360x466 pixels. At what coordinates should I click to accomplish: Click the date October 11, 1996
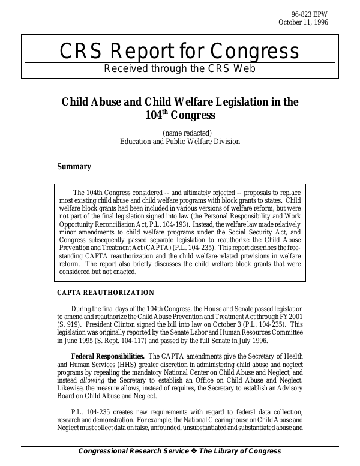coord(303,23)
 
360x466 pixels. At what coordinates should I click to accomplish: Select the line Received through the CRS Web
coord(179,68)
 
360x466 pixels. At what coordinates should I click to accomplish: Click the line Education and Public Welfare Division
coord(179,142)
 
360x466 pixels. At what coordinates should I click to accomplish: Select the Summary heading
coord(74,167)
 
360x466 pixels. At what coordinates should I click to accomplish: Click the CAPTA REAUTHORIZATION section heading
coord(106,293)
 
